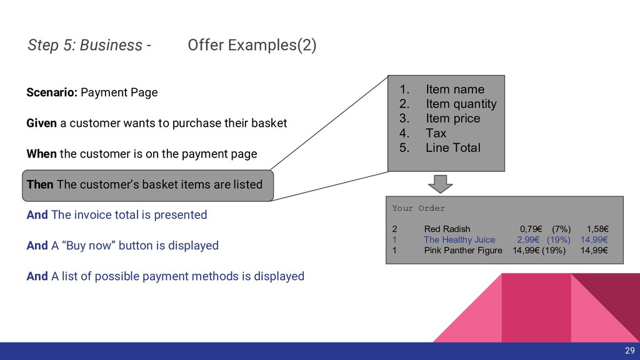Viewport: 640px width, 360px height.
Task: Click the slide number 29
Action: coord(629,350)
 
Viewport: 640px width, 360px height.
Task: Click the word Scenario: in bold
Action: coord(52,92)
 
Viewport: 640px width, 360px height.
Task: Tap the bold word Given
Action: coord(41,123)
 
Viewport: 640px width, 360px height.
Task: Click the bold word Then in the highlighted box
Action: coord(40,184)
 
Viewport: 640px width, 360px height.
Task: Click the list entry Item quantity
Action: coord(461,104)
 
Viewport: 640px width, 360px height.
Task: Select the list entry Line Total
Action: coord(452,148)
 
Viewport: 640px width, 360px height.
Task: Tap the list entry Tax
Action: coord(436,133)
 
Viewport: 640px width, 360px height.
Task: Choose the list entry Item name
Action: coord(454,89)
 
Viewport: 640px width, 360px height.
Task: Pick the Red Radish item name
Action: coord(447,229)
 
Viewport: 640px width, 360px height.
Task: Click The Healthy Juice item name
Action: coord(459,239)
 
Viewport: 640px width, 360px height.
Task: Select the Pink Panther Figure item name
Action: coord(462,251)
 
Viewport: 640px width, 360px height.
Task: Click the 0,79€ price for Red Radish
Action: coord(531,229)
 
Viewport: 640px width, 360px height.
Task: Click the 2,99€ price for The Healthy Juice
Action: coord(529,239)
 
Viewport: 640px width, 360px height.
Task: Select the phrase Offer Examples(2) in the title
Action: coord(252,45)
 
